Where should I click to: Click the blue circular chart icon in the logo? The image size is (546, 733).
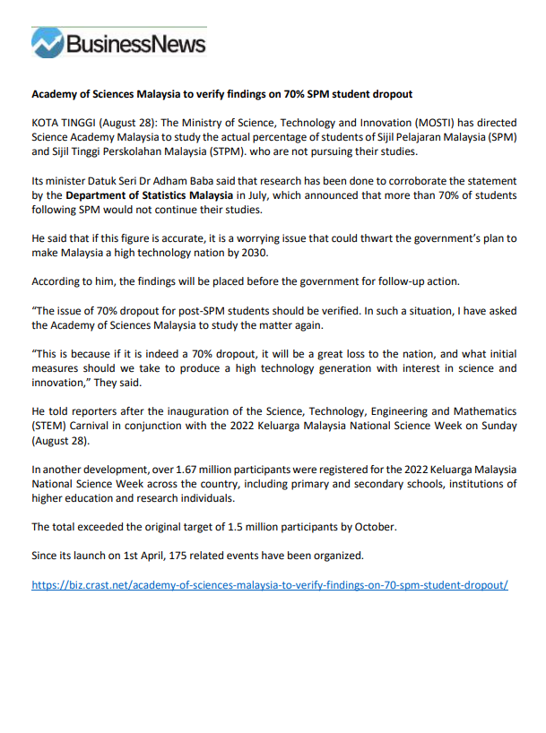[x=47, y=43]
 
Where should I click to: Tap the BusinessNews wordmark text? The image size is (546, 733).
[x=134, y=43]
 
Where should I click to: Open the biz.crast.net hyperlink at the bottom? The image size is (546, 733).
[x=270, y=585]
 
